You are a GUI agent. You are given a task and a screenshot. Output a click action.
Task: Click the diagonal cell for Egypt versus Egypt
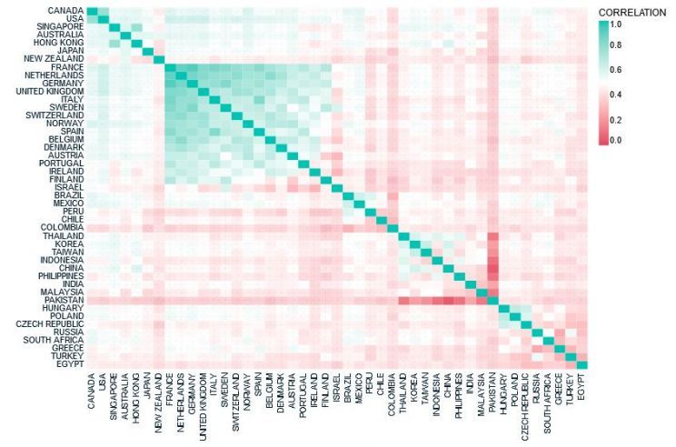click(582, 365)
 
